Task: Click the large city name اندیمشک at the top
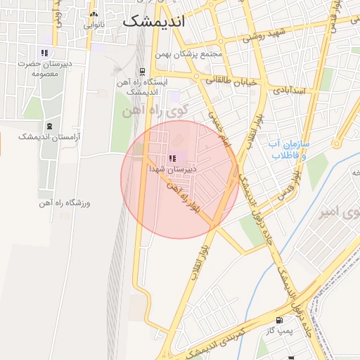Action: [153, 22]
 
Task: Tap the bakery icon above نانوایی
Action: [94, 14]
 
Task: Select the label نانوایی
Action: [94, 25]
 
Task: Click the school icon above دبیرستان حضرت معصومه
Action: [44, 53]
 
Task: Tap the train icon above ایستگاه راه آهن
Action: [143, 71]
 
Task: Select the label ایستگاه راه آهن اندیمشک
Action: [143, 86]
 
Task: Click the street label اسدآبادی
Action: [288, 91]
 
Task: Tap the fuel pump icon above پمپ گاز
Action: [281, 320]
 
